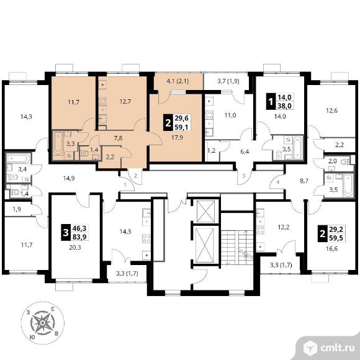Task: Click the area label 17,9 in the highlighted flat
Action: point(178,138)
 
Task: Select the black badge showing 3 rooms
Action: point(66,233)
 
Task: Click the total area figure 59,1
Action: point(181,127)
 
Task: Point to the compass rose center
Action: point(42,323)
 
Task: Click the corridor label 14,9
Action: point(69,178)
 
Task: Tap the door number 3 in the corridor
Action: point(244,176)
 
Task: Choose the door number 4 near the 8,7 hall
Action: point(278,182)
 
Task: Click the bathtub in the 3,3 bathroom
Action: point(58,145)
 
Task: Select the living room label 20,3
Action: point(75,248)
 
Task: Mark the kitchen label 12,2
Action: point(284,227)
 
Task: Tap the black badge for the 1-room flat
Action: point(271,101)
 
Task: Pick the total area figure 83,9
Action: point(79,236)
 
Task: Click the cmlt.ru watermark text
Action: point(337,348)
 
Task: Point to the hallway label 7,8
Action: point(118,138)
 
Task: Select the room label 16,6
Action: point(332,248)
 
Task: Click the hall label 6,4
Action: point(245,152)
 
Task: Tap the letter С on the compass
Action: point(53,309)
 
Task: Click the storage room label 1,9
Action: point(17,209)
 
